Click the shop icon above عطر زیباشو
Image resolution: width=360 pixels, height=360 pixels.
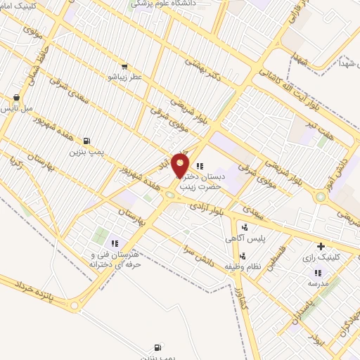(x=124, y=65)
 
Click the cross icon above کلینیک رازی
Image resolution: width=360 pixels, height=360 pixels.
(x=321, y=247)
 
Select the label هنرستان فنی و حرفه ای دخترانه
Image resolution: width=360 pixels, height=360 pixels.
(x=112, y=258)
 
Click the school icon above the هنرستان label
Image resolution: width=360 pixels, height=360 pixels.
(x=114, y=243)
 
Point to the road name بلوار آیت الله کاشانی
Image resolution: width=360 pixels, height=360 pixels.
(x=281, y=82)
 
